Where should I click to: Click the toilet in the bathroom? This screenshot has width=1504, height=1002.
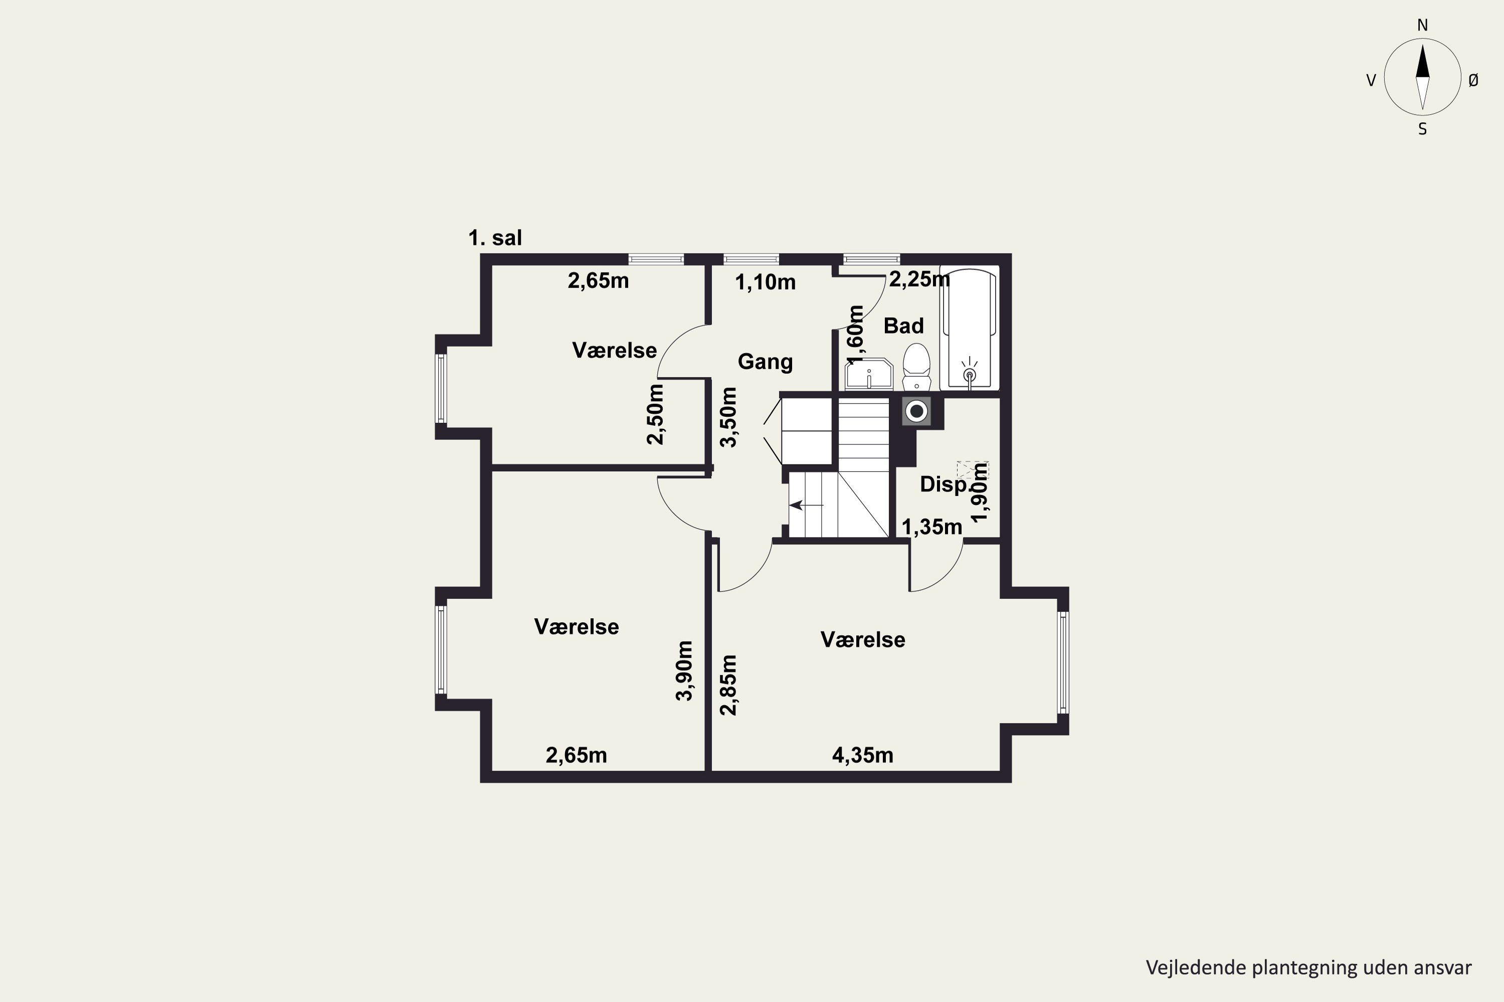pos(916,367)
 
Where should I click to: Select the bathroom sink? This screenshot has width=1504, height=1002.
pos(869,374)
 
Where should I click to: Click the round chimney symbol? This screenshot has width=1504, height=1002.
pos(916,411)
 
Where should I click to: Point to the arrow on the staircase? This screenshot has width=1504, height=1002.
pos(806,506)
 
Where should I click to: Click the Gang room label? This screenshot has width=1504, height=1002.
pos(766,362)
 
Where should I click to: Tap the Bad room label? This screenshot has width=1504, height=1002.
pos(903,326)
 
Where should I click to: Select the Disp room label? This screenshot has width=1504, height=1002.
pos(943,484)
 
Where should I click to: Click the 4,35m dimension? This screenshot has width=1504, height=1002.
pos(863,756)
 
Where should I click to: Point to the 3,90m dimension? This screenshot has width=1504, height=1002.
pos(684,670)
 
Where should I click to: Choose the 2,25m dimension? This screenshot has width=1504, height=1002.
pos(919,279)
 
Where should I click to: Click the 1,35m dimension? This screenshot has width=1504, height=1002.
pos(931,527)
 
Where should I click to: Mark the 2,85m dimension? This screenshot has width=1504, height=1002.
pos(728,685)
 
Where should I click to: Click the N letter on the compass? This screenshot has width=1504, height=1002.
pos(1423,25)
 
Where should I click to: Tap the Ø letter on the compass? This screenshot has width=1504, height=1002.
pos(1473,80)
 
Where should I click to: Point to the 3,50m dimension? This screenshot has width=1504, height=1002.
pos(728,417)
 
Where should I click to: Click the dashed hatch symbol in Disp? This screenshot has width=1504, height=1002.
pos(972,470)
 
